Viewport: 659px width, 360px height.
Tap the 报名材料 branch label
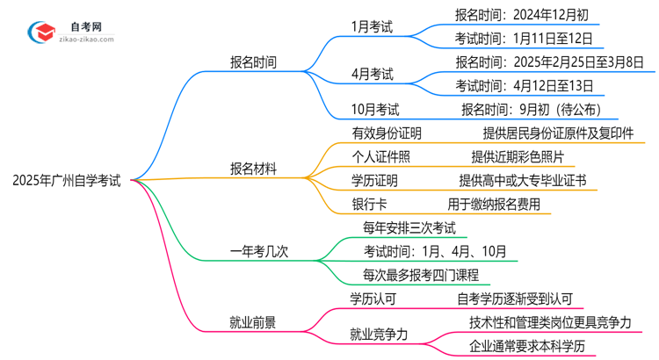(253, 169)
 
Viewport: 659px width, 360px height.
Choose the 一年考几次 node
(259, 252)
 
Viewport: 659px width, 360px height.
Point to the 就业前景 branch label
(253, 322)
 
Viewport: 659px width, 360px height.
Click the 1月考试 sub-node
(370, 26)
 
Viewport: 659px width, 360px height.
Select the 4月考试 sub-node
(370, 74)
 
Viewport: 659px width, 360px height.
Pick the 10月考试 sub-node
(375, 110)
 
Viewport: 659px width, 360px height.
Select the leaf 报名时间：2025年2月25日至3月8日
(549, 61)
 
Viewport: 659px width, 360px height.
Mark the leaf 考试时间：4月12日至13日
(524, 86)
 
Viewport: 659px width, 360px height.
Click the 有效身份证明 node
(387, 133)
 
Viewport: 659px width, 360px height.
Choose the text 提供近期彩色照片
(523, 157)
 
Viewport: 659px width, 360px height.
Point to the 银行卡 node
(370, 205)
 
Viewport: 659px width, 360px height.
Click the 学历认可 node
(374, 299)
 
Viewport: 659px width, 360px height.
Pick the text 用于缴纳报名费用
(499, 205)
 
